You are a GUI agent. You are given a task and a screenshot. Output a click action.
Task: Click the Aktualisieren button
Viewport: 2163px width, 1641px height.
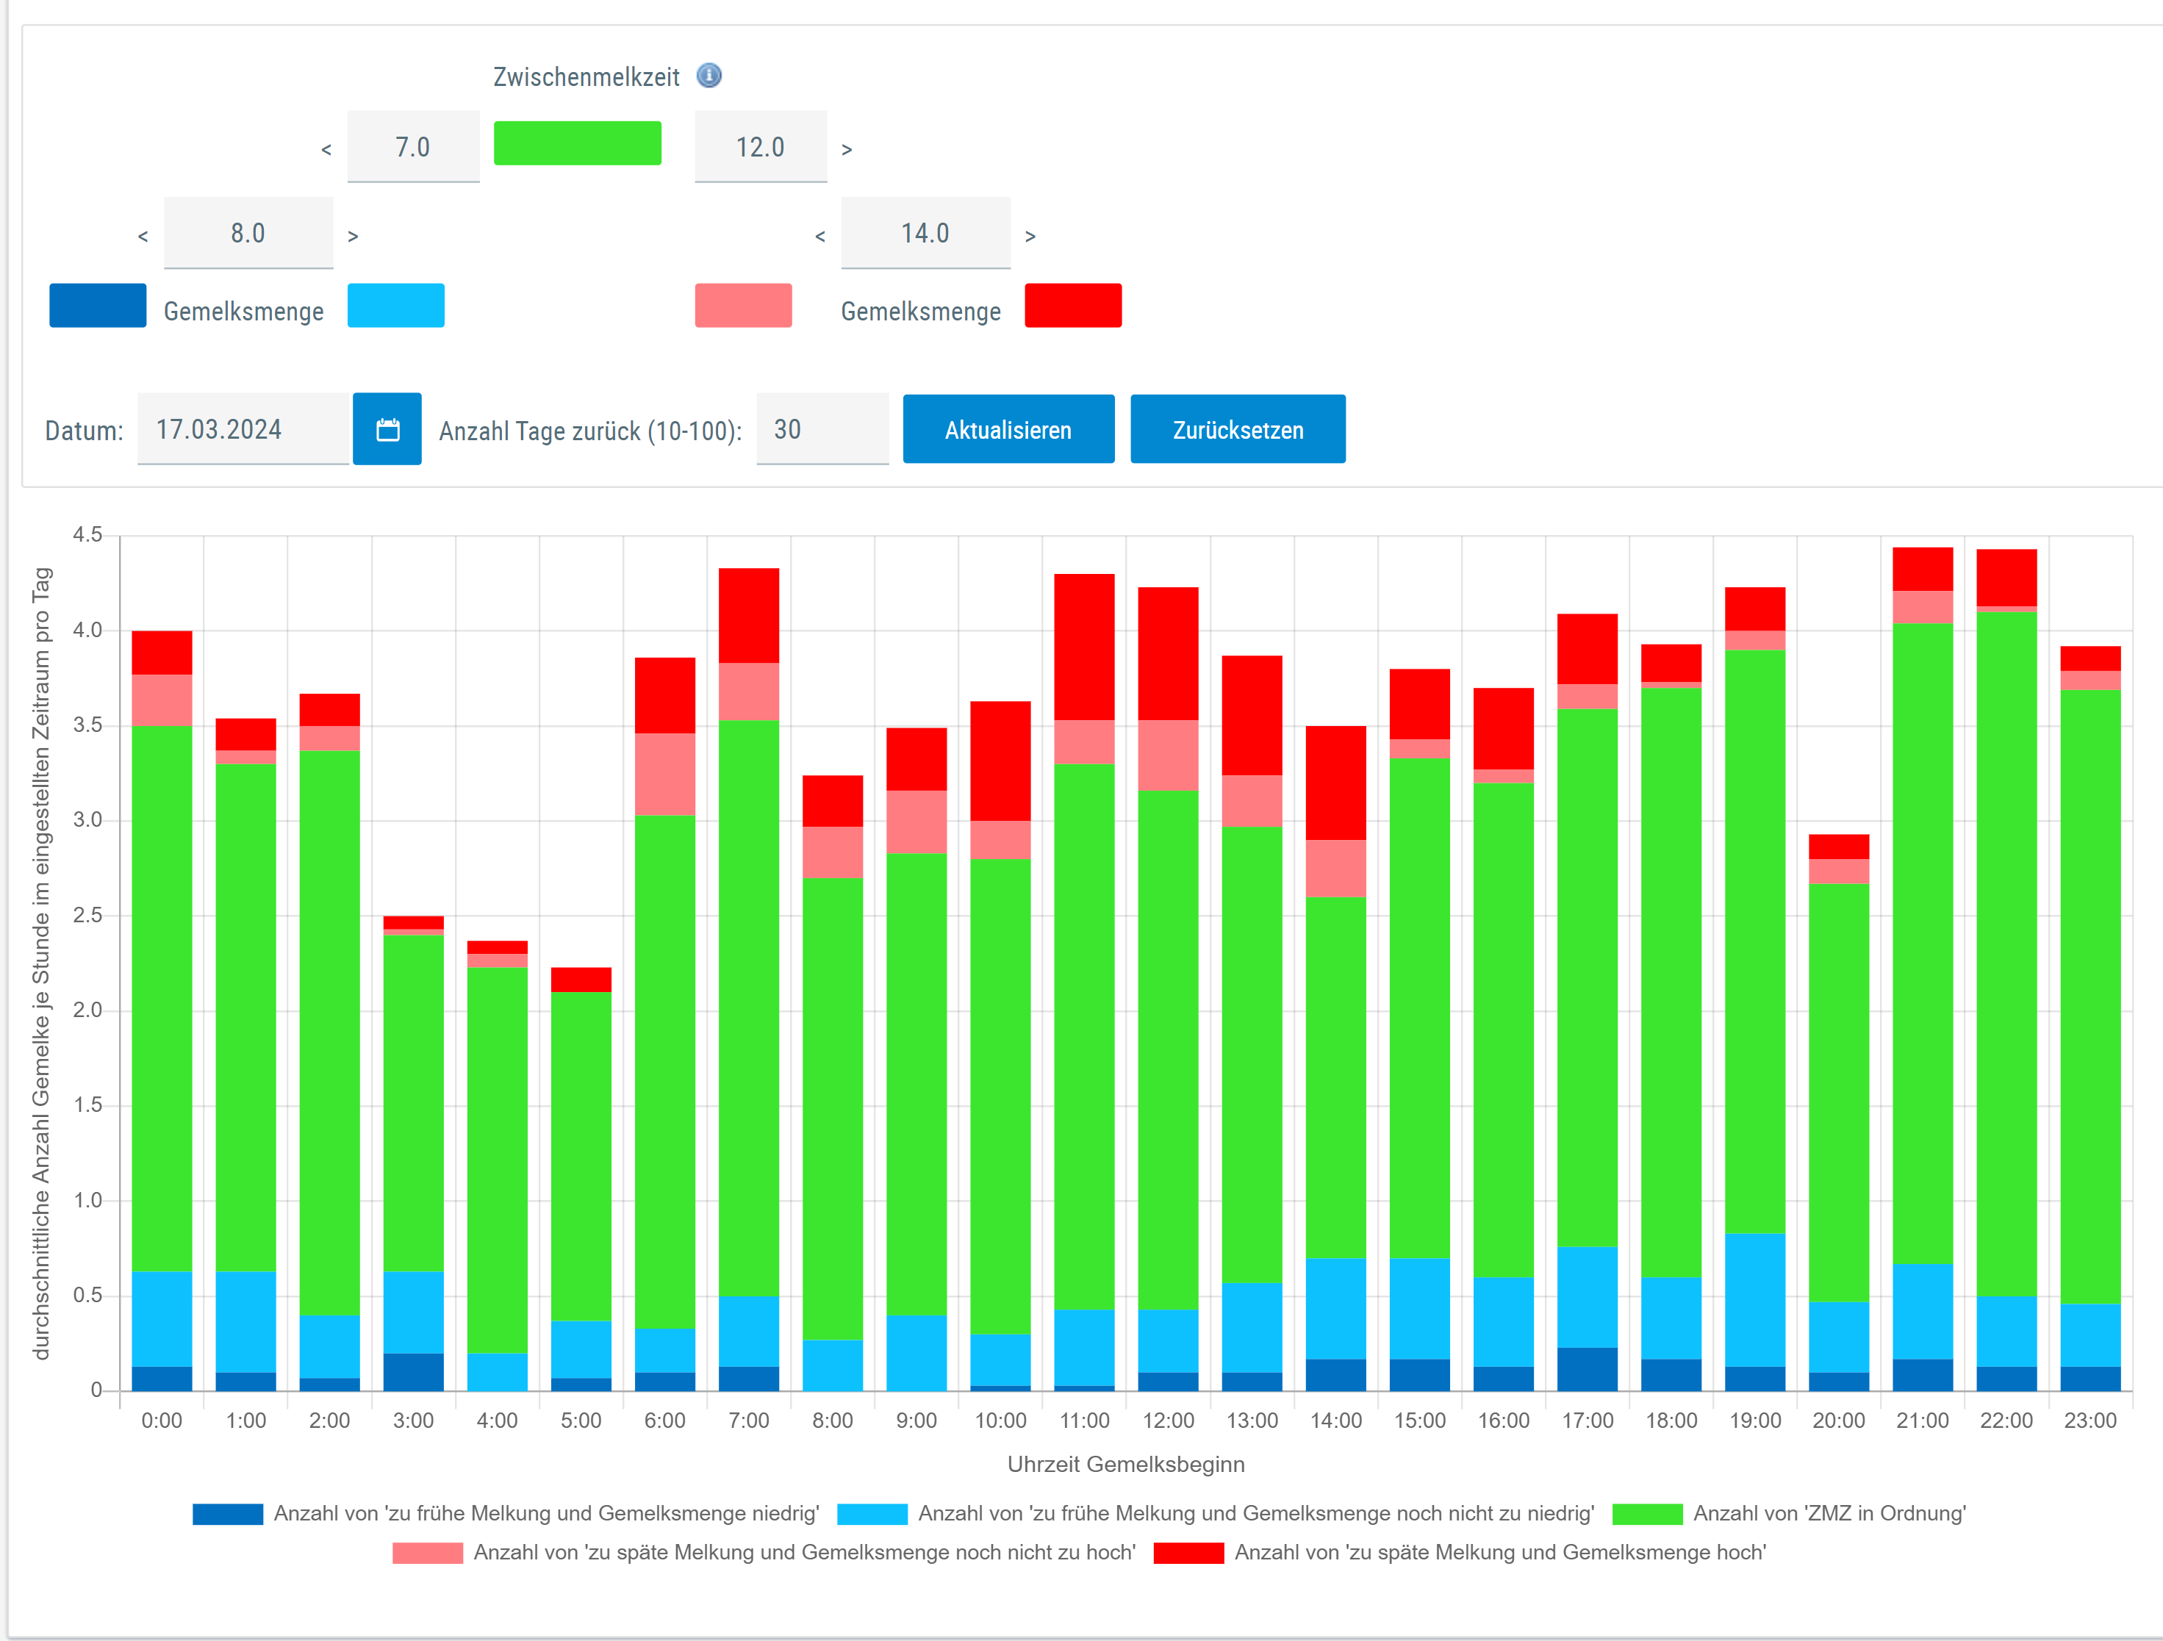click(x=1008, y=429)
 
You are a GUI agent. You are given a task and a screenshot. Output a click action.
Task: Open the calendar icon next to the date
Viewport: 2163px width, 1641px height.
click(x=387, y=429)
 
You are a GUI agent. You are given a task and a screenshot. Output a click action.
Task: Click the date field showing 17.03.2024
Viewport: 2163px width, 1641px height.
click(x=243, y=429)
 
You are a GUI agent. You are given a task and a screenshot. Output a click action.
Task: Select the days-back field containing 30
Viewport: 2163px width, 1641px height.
click(x=822, y=429)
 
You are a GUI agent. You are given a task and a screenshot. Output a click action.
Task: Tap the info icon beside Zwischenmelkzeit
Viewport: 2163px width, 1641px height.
click(x=709, y=75)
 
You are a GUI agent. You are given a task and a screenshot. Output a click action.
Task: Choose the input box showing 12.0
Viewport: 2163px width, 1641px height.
click(x=761, y=147)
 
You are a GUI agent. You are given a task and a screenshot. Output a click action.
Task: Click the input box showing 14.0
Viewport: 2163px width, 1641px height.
click(x=925, y=233)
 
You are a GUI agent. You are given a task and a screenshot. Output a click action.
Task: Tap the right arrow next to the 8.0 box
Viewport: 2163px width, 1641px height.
click(x=353, y=236)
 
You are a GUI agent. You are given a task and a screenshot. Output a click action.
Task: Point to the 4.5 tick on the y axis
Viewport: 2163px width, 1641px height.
click(x=87, y=535)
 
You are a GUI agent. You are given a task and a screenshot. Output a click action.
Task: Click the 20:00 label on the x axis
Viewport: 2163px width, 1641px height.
click(x=1838, y=1420)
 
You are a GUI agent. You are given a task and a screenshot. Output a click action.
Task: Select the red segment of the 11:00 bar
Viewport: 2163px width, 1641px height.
click(x=1084, y=647)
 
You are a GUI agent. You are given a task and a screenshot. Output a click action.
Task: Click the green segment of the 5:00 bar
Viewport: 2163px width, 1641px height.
click(x=581, y=1157)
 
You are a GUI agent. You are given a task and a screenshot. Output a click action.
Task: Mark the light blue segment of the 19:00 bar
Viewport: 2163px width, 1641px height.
click(x=1755, y=1300)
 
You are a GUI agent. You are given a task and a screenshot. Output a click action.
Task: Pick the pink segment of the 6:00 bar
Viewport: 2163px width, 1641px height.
click(x=665, y=775)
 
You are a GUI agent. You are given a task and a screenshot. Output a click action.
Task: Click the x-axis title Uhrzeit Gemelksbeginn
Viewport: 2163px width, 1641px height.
click(x=1125, y=1464)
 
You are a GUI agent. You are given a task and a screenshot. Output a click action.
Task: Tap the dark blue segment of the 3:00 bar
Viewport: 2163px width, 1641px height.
click(x=414, y=1372)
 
